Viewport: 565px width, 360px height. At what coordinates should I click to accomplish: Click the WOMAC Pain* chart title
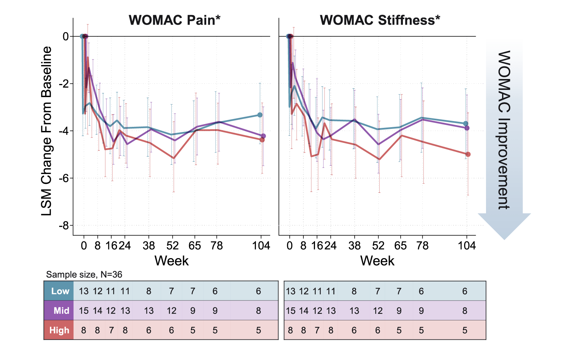(174, 20)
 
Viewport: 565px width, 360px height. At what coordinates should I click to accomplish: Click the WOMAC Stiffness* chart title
(380, 20)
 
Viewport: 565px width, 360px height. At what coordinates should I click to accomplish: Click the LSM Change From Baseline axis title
(47, 131)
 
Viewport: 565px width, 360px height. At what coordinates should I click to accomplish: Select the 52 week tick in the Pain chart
(173, 245)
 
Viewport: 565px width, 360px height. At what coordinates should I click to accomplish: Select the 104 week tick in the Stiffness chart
(467, 245)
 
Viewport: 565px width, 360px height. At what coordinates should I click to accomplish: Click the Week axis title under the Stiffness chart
(377, 261)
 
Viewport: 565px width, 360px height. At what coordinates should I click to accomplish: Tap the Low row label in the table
(60, 291)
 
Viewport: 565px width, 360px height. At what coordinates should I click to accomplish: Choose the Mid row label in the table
(61, 311)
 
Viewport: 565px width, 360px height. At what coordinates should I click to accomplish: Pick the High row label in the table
(59, 330)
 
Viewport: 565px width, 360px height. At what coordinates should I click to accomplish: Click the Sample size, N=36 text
(84, 275)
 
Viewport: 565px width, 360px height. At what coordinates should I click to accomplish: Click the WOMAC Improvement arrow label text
(504, 130)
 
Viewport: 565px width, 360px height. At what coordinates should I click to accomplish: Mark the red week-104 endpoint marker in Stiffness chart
(468, 155)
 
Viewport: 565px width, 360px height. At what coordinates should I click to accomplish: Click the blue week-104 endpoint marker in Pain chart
(260, 115)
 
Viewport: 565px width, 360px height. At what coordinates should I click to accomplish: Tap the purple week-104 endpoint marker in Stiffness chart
(467, 128)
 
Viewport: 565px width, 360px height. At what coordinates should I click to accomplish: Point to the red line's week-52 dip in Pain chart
(173, 158)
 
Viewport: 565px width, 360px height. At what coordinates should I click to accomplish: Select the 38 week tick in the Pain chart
(149, 245)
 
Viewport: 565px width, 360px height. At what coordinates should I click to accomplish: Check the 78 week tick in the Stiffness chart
(423, 245)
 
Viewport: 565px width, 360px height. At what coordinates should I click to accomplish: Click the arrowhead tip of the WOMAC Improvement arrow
(504, 239)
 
